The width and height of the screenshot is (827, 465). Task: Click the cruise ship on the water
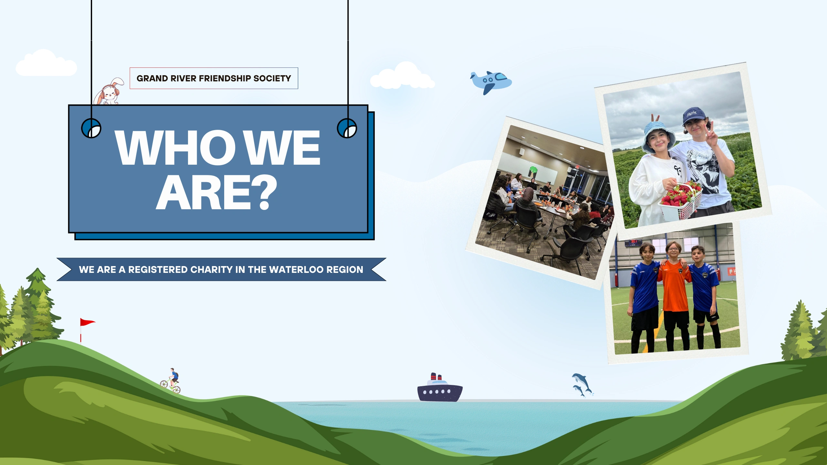click(440, 388)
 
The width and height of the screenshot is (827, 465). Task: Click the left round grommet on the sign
click(91, 128)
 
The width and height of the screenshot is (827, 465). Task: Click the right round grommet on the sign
click(347, 128)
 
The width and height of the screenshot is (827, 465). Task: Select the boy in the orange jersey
click(675, 295)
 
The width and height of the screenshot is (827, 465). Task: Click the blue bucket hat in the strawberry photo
click(658, 136)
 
